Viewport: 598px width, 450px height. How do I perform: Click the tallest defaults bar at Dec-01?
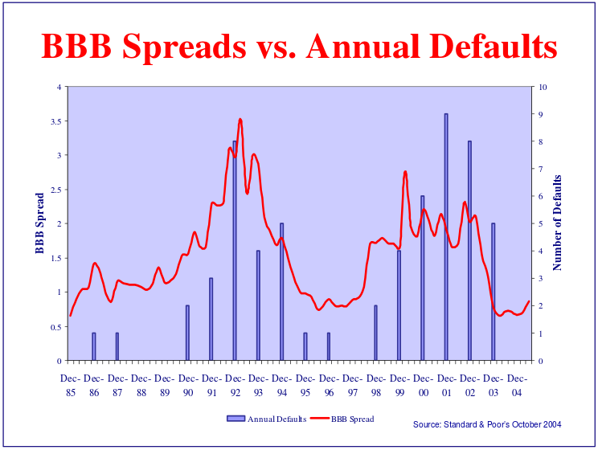[x=446, y=237]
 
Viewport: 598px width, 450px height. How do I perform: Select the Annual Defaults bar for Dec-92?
[x=235, y=251]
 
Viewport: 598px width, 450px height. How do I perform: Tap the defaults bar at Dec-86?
[x=94, y=346]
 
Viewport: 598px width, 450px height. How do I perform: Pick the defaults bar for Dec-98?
[x=375, y=333]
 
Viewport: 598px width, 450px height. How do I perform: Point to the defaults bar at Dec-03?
[x=493, y=292]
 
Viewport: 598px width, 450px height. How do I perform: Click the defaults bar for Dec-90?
[x=187, y=333]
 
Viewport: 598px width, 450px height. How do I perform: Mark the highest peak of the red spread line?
[x=240, y=120]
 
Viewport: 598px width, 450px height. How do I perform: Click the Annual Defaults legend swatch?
[x=236, y=419]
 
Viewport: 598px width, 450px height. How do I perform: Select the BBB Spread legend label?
[x=352, y=419]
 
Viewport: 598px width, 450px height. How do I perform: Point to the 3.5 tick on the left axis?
[x=55, y=121]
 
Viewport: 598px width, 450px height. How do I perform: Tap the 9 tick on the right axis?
[x=540, y=114]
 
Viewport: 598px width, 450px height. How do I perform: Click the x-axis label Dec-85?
[x=71, y=386]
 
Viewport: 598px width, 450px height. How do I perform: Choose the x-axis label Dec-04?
[x=517, y=386]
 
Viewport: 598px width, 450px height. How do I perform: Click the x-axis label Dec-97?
[x=352, y=386]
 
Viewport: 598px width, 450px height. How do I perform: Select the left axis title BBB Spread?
[x=39, y=223]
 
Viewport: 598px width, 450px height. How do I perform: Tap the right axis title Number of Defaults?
[x=557, y=223]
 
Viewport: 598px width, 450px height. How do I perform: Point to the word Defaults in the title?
[x=494, y=46]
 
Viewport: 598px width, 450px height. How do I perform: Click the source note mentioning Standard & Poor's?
[x=487, y=424]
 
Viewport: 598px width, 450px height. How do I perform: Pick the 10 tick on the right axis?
[x=543, y=87]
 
